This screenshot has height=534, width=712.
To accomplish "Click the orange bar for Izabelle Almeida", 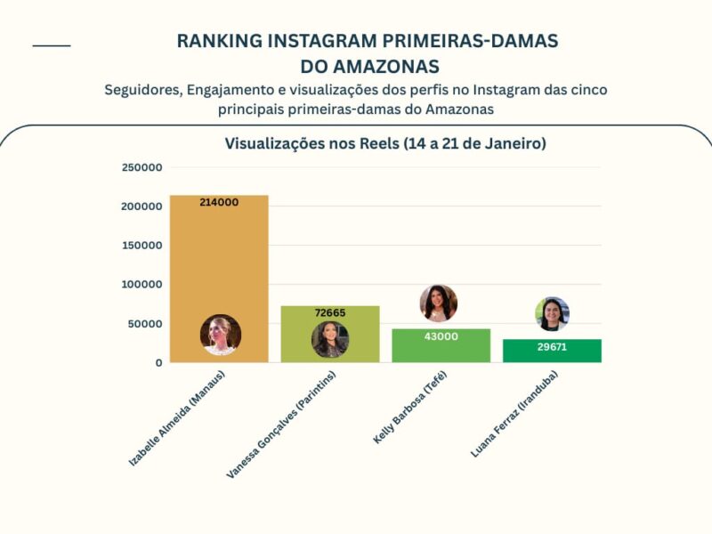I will [x=219, y=267].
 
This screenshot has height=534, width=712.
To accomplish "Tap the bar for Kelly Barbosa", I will [x=441, y=347].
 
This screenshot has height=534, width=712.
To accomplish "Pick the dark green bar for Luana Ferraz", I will [x=552, y=352].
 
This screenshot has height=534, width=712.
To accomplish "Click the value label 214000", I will [x=219, y=203].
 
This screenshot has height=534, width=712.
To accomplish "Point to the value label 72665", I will [x=330, y=313].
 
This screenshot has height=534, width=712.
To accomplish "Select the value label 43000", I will [x=441, y=336].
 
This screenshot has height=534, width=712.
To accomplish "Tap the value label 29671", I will [x=552, y=347].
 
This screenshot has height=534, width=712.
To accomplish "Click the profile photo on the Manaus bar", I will [x=221, y=335].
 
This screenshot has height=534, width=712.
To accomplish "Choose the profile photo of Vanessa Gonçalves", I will [x=330, y=339].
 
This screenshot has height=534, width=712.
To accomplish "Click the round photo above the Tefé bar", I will [x=439, y=303].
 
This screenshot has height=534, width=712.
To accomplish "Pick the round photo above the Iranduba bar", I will [x=552, y=313].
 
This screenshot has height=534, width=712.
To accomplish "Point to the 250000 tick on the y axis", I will [x=142, y=167].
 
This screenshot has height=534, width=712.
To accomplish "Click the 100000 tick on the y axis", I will [x=142, y=285].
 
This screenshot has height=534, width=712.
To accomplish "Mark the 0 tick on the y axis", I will [x=158, y=363].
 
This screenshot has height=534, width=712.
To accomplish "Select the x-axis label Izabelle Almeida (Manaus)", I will [x=177, y=418].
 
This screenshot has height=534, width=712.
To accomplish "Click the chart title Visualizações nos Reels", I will [x=385, y=143].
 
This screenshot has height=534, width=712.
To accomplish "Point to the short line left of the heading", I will [x=52, y=45].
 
